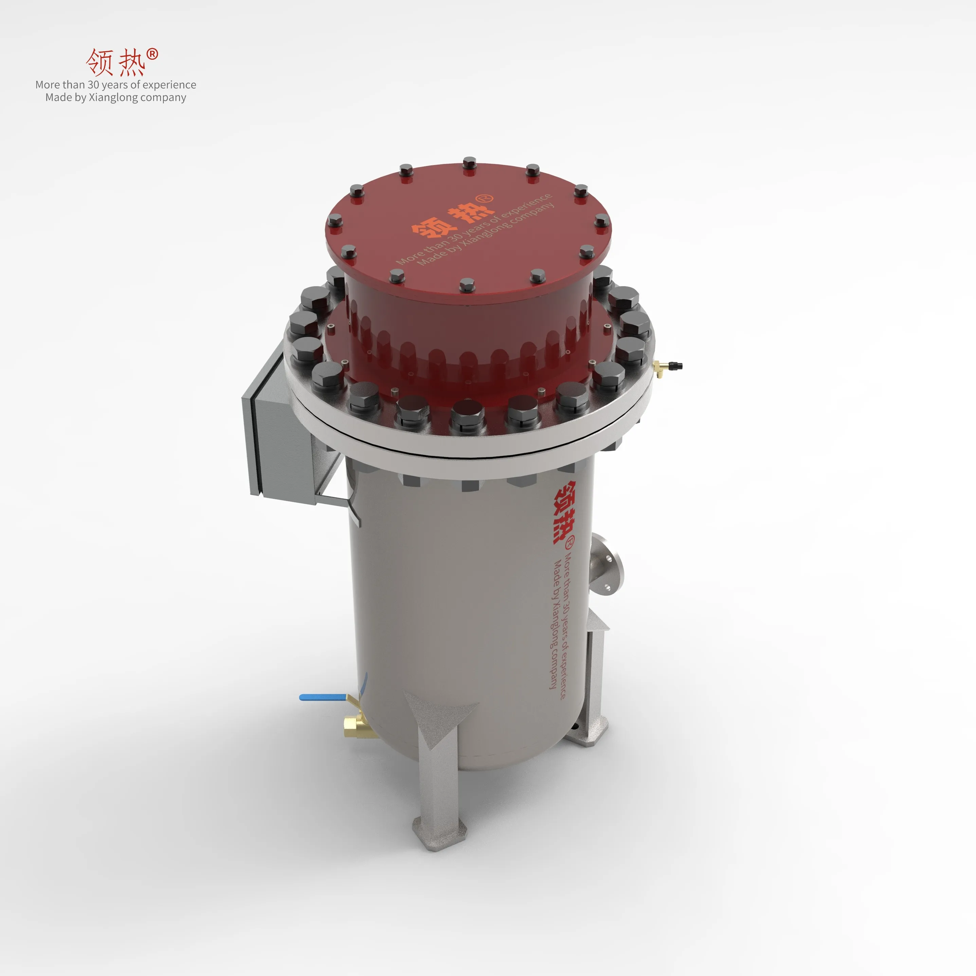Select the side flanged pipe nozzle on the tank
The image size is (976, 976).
606,565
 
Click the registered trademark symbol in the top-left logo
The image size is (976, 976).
152,54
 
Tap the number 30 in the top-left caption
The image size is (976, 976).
93,85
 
